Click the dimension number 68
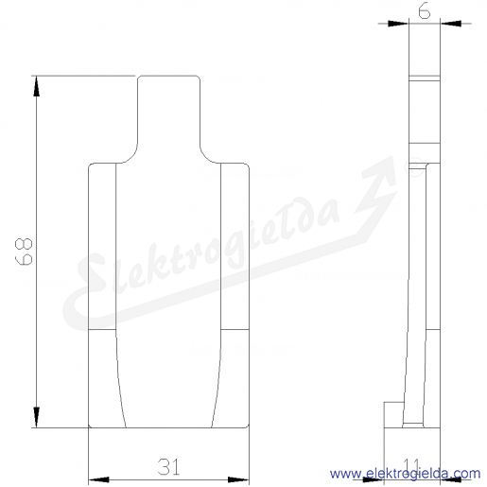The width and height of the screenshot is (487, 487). click(24, 252)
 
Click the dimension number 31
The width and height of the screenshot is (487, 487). click(168, 467)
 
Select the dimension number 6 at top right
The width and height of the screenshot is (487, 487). click(425, 11)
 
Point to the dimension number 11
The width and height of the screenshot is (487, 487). click(412, 466)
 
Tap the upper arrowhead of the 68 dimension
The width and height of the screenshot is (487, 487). click(37, 86)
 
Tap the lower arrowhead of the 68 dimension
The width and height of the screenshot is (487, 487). click(37, 417)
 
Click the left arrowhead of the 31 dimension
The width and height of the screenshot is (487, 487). click(98, 479)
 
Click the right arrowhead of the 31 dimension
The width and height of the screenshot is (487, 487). click(238, 479)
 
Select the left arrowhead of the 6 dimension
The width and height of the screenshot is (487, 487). click(398, 24)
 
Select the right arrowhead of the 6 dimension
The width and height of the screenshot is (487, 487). click(450, 24)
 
